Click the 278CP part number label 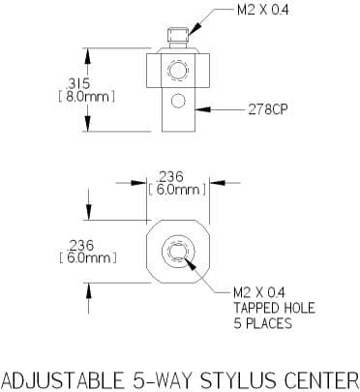pyautogui.click(x=267, y=110)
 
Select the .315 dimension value pyautogui.click(x=78, y=84)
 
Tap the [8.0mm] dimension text pyautogui.click(x=86, y=97)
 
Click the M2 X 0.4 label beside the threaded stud pyautogui.click(x=263, y=11)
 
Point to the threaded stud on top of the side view pyautogui.click(x=178, y=38)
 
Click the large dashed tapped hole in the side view pyautogui.click(x=178, y=71)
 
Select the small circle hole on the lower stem pyautogui.click(x=178, y=101)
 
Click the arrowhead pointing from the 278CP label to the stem pyautogui.click(x=203, y=109)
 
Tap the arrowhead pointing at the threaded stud pyautogui.click(x=195, y=28)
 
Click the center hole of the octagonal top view pyautogui.click(x=178, y=252)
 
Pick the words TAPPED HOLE pyautogui.click(x=274, y=308)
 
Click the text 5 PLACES pyautogui.click(x=263, y=323)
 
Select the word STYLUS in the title pyautogui.click(x=238, y=380)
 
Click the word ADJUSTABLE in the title pyautogui.click(x=63, y=380)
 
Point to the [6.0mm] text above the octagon pyautogui.click(x=177, y=190)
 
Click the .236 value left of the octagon pyautogui.click(x=80, y=246)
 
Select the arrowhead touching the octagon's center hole pyautogui.click(x=191, y=265)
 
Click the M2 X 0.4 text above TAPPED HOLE pyautogui.click(x=259, y=293)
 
